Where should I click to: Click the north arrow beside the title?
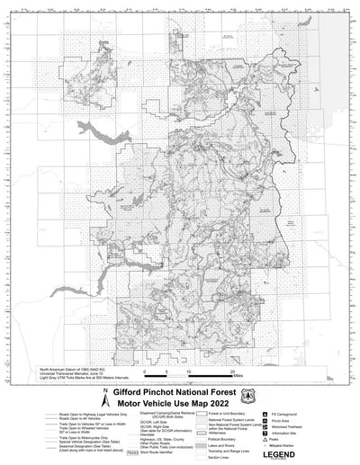105,393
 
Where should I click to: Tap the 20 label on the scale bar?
232,372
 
